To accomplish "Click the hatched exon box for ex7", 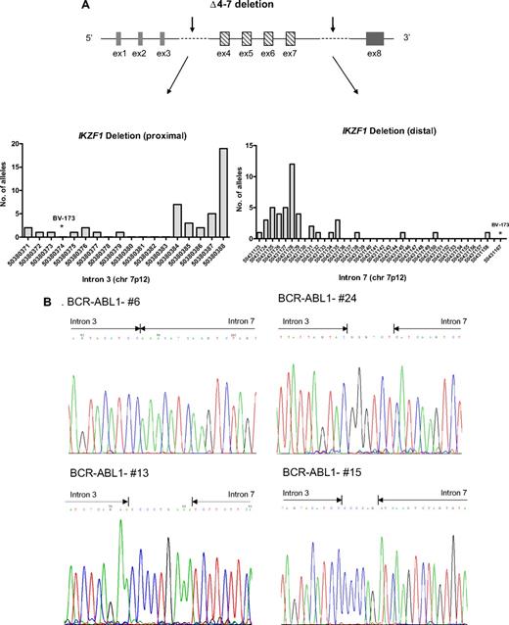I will click(290, 39).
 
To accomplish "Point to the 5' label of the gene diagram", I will click(88, 39).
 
